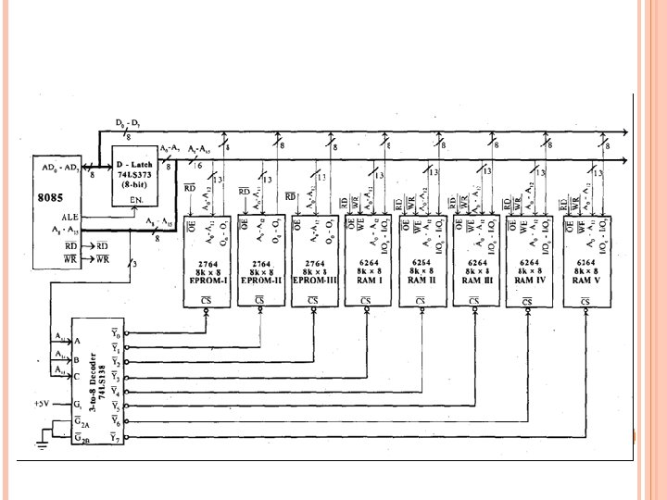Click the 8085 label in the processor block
click(x=50, y=197)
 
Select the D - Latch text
click(x=133, y=152)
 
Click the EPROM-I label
click(x=208, y=279)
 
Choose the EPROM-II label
click(x=262, y=279)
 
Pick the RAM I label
click(x=365, y=279)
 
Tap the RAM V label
click(x=585, y=279)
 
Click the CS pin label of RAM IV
click(x=527, y=300)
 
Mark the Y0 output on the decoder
click(x=114, y=333)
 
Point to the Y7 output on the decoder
click(x=114, y=436)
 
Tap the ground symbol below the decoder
click(x=40, y=445)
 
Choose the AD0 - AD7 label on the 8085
click(x=60, y=167)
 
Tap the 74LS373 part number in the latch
click(x=134, y=162)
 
